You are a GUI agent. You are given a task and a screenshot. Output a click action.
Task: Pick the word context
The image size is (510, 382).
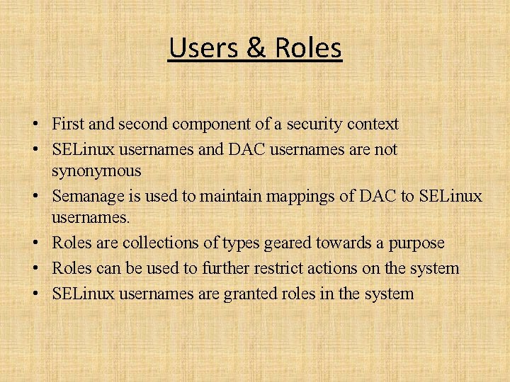[x=373, y=125]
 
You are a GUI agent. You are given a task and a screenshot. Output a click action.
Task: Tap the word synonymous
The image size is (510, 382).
[x=96, y=171]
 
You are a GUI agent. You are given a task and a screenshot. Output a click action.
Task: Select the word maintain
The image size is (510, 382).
[x=229, y=195]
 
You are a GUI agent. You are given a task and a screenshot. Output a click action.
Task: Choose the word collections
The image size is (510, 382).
[x=161, y=243]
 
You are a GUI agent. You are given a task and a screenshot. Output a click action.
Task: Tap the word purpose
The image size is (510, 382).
[x=414, y=244]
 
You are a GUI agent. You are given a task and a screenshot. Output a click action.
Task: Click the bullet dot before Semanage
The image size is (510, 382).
[x=34, y=196]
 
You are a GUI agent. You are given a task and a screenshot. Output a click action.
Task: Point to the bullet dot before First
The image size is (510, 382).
[x=34, y=125]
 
